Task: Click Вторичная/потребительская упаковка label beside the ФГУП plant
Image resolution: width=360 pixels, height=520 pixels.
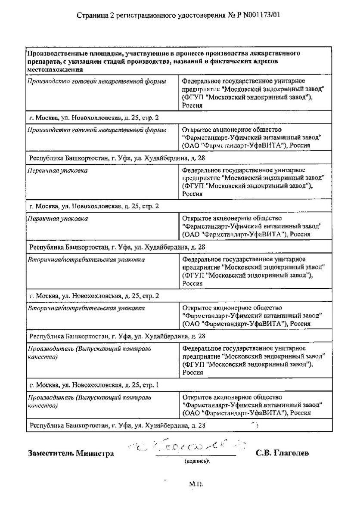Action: coord(86,260)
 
